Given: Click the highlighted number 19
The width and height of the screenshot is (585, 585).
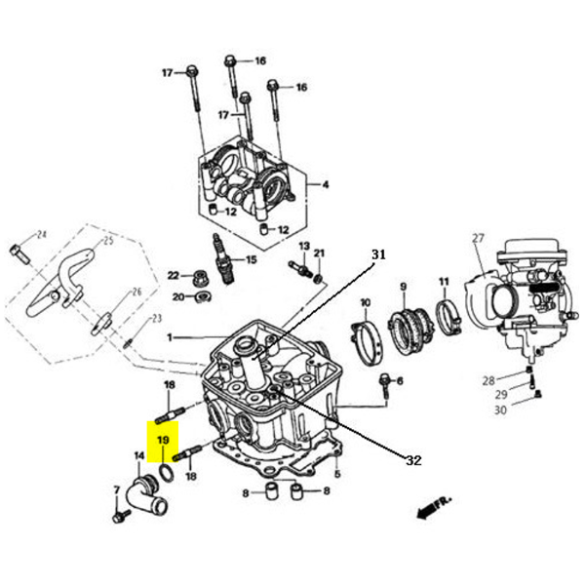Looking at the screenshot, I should click(x=163, y=441).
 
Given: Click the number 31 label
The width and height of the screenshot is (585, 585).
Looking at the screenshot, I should click(x=378, y=254).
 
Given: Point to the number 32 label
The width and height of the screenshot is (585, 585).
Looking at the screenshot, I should click(x=413, y=459).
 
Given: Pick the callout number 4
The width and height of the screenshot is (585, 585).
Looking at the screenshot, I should click(x=326, y=185).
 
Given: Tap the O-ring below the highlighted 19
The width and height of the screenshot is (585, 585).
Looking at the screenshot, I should click(x=166, y=474).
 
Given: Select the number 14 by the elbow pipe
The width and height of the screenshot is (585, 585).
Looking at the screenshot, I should click(x=138, y=456).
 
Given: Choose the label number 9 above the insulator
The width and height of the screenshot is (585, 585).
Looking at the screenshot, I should click(x=402, y=288).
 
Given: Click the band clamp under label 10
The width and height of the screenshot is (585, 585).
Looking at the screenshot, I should click(x=368, y=337).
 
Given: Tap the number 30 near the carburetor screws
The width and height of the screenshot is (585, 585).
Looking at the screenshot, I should click(x=500, y=409).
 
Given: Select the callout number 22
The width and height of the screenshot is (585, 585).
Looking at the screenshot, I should click(x=174, y=276).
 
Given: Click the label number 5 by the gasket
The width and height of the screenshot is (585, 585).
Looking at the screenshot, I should click(x=336, y=475).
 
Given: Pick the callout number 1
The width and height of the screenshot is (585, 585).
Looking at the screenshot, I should click(x=169, y=337).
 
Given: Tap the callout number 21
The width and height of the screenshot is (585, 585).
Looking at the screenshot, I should click(x=319, y=253).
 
